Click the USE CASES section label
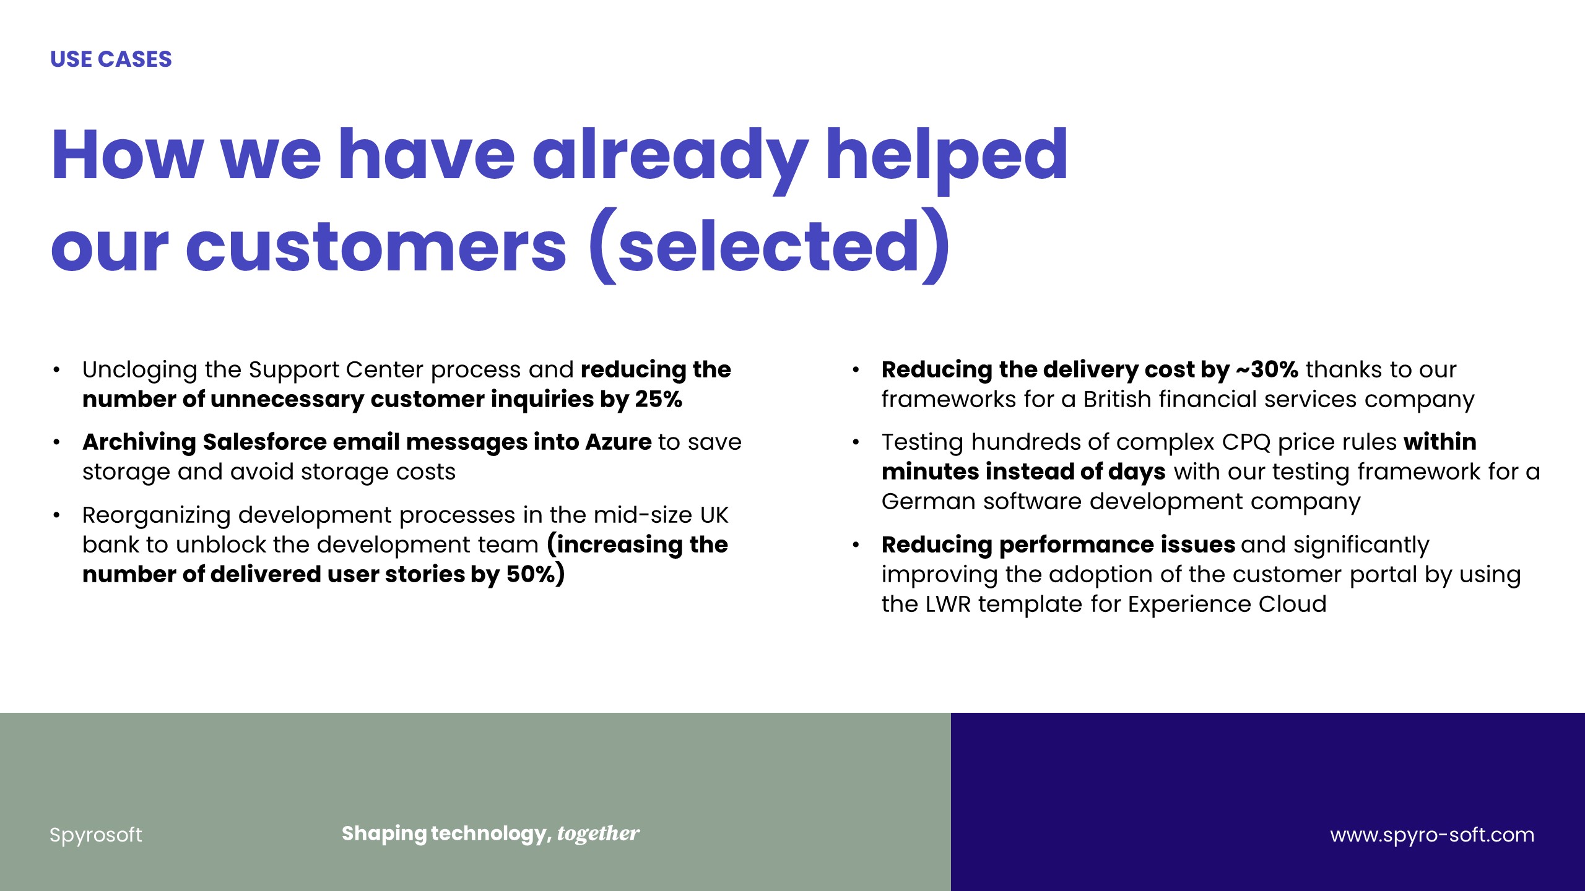(x=111, y=59)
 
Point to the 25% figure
(x=659, y=399)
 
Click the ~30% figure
(x=1267, y=369)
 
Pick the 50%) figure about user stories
(x=536, y=574)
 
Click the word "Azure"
(x=619, y=442)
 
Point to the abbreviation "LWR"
(x=948, y=604)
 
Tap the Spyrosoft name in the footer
(x=96, y=835)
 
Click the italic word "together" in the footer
(x=598, y=834)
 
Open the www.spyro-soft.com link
(x=1432, y=835)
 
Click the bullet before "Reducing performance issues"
(x=856, y=545)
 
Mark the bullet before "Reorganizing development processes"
(x=56, y=515)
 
